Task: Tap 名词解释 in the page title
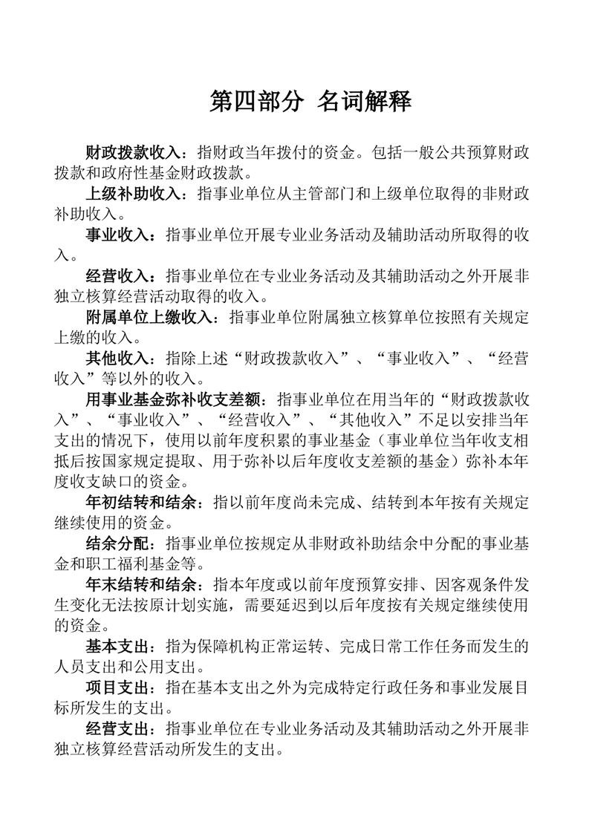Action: tap(364, 102)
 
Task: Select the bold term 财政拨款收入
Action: tap(134, 153)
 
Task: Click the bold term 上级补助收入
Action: tap(134, 195)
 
